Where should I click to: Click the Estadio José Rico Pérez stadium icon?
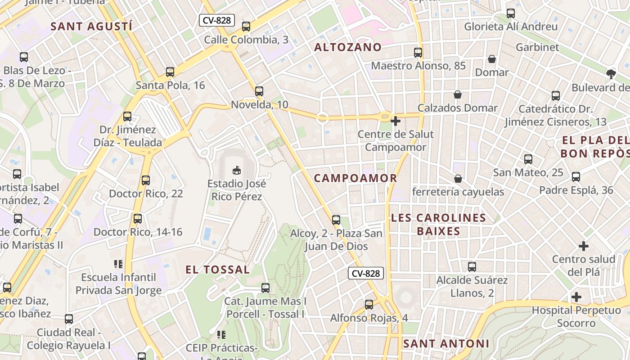click(236, 170)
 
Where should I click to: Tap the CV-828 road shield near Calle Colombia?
click(217, 20)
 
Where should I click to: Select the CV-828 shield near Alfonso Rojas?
click(366, 273)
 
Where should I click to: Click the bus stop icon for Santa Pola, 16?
click(170, 72)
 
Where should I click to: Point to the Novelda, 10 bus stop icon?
click(259, 91)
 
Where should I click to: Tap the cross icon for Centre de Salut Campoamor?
click(396, 121)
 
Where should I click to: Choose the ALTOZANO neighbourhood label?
click(347, 47)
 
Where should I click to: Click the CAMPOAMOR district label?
click(355, 178)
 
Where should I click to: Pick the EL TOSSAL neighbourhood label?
click(218, 270)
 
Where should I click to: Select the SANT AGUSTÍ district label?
click(91, 26)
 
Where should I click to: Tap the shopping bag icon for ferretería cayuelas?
click(458, 179)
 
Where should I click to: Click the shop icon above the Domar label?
click(492, 59)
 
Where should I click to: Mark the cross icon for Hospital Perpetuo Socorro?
click(576, 297)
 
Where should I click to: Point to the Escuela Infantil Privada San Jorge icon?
click(118, 264)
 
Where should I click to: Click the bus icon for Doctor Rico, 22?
click(145, 180)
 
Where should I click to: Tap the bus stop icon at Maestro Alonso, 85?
click(418, 53)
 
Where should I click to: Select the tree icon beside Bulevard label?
click(611, 74)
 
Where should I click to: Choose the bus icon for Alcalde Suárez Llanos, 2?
click(472, 267)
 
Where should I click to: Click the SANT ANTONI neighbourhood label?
click(446, 344)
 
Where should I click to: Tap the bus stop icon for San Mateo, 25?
click(528, 159)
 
